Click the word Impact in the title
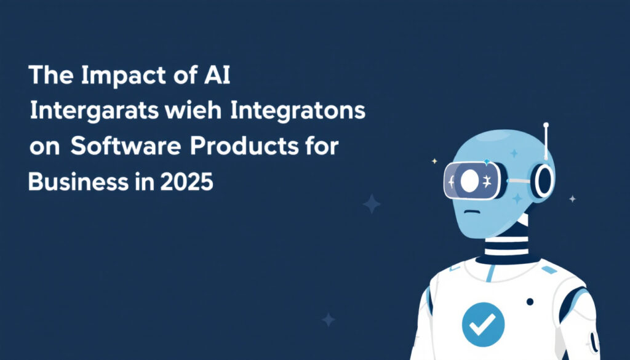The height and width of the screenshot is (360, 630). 123,76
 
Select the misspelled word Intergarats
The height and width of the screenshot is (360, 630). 94,111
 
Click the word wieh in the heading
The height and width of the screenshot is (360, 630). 193,111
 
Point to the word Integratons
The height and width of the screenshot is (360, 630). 298,111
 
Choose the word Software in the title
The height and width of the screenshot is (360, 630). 126,146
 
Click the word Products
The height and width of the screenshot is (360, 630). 244,146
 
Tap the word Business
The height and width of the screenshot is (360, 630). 78,182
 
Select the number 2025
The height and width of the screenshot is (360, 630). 186,182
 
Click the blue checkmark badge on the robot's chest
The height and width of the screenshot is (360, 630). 484,325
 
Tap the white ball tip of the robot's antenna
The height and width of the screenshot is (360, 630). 546,125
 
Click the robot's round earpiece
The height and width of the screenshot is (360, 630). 543,181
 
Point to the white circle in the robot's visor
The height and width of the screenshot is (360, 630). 469,181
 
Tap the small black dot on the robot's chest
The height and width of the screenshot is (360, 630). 530,302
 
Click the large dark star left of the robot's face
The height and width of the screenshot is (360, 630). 372,204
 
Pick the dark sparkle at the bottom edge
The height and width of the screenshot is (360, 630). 329,320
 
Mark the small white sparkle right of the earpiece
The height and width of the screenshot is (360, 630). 573,199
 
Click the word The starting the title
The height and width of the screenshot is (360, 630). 51,74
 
